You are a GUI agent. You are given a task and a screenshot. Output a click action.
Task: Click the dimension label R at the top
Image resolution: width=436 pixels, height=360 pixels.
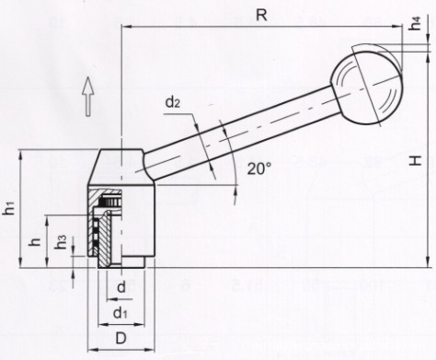pos(261,16)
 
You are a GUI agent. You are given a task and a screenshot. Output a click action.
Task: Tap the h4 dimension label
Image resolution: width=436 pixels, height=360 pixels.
pos(416,23)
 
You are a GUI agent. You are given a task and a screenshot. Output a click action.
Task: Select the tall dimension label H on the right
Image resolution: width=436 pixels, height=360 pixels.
pos(417,160)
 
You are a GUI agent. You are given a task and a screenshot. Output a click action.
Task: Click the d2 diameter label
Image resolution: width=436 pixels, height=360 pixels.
pos(172,103)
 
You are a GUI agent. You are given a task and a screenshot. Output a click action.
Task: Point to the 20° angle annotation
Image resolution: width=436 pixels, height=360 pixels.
pos(259,168)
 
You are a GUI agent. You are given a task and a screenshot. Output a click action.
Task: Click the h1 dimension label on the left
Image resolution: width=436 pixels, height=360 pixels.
pos(10,208)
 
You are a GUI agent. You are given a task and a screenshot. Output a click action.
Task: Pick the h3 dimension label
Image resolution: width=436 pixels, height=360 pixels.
pos(61,242)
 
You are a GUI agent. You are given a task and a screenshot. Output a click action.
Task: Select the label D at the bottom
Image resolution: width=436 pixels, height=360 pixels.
pos(120,339)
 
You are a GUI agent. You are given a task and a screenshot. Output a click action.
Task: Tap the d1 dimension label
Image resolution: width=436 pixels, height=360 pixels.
pos(120,313)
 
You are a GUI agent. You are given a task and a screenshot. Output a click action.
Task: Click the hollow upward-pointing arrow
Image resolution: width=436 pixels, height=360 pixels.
pos(88,97)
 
